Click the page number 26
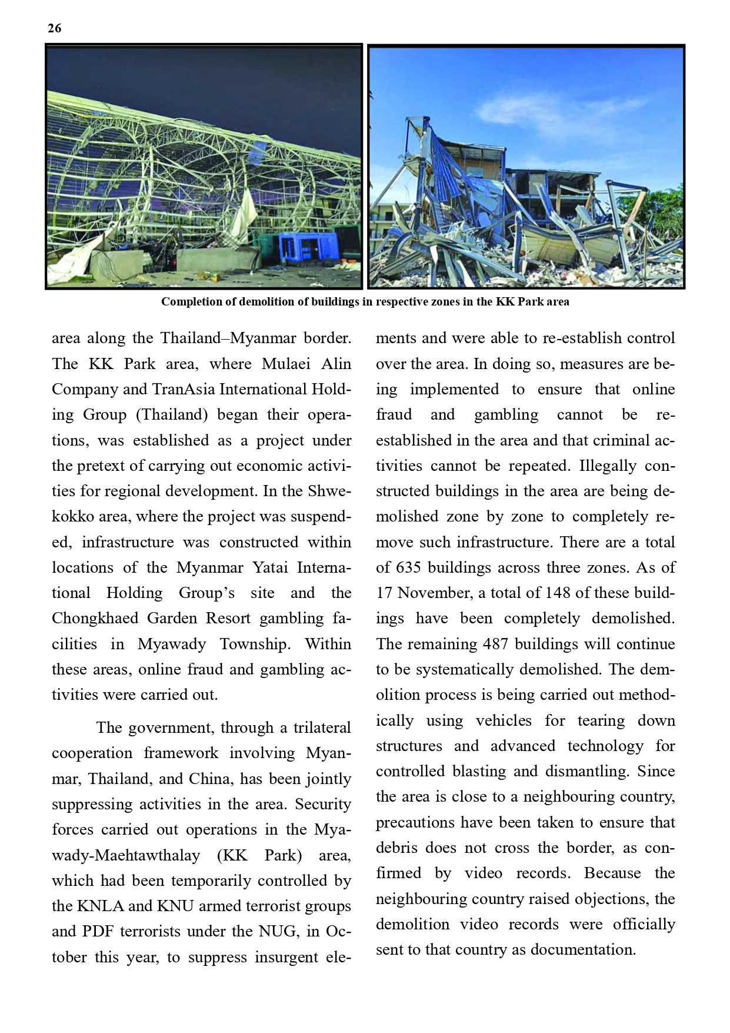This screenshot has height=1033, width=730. click(x=54, y=28)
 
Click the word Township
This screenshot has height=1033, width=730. click(x=255, y=644)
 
